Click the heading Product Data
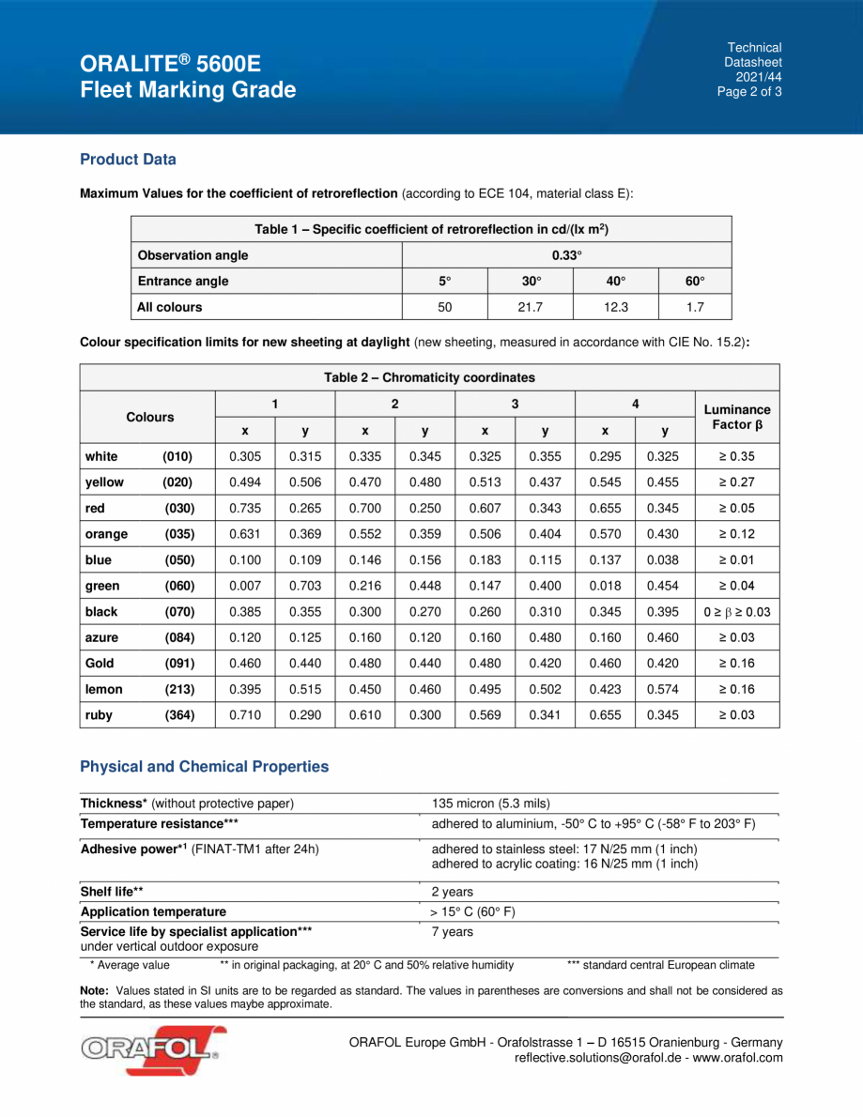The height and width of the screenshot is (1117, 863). point(128,160)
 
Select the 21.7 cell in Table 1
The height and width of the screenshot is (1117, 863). point(532,306)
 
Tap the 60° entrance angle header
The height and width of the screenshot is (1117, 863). point(695,281)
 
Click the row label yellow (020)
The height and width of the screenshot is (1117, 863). point(139,482)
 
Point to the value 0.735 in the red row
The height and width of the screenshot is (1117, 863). point(245,509)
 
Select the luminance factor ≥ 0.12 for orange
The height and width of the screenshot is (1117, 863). point(737,534)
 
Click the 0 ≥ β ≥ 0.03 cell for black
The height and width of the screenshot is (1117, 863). point(737,612)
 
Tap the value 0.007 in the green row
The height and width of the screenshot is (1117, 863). point(245,586)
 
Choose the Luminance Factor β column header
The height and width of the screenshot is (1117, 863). point(737,417)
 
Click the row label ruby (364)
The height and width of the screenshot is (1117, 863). point(139,715)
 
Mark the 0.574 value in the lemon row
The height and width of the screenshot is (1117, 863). point(666,689)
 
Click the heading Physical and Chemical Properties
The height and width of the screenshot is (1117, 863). point(205,767)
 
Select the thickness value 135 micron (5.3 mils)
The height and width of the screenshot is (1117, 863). point(490,803)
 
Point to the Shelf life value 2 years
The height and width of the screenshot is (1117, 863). point(452,892)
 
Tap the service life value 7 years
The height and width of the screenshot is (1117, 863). point(452,932)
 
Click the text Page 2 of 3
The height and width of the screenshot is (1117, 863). point(748,92)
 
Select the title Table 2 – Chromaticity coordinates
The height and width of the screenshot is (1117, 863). point(429,377)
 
